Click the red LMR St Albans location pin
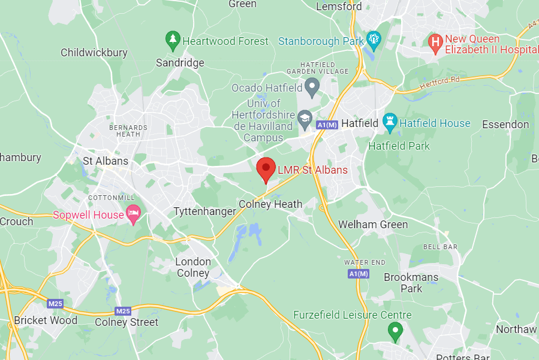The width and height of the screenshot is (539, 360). (266, 168)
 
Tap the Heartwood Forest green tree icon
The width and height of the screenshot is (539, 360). (173, 41)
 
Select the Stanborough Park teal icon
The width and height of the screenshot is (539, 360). (375, 41)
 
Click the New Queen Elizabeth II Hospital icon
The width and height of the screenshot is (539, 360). (436, 42)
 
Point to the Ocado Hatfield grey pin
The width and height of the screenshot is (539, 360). (312, 87)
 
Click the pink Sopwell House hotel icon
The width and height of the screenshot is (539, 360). (133, 214)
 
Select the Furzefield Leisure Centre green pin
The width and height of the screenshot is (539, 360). (395, 331)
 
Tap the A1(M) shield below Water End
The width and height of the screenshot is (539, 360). (358, 274)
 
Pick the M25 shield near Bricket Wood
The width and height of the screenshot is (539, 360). (55, 304)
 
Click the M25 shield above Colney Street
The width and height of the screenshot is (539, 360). (123, 311)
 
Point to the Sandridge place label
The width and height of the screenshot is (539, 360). (180, 62)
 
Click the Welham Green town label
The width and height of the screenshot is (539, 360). (373, 225)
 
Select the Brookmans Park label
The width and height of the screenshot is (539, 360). (411, 283)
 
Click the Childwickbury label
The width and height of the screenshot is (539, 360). (94, 53)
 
